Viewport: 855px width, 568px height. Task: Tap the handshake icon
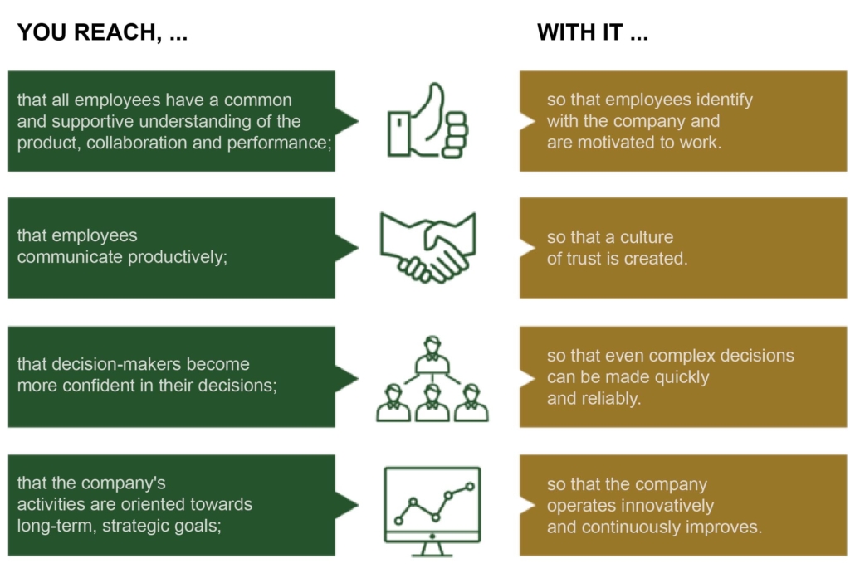427,246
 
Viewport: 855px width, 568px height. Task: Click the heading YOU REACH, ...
102,33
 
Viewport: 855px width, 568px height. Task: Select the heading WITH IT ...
593,33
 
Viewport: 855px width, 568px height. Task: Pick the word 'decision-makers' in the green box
110,364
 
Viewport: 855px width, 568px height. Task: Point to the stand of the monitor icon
432,548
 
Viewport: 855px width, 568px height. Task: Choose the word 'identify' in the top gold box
722,100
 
